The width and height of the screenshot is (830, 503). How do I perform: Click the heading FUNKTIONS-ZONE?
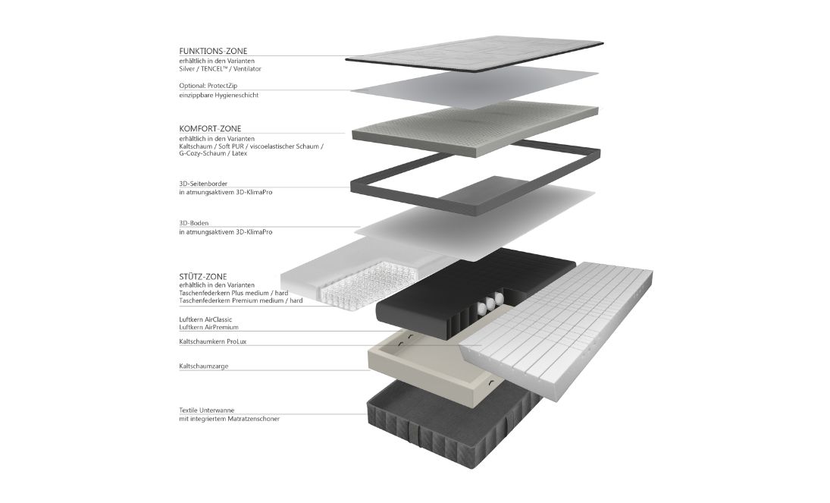click(x=213, y=51)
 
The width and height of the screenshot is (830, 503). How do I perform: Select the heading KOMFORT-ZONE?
click(x=210, y=128)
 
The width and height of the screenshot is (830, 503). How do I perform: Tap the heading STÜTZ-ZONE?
click(x=202, y=276)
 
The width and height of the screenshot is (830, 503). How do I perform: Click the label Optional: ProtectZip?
click(x=208, y=85)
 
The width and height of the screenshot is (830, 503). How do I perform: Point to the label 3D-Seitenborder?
click(x=203, y=184)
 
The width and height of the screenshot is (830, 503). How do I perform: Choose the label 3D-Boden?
click(x=194, y=223)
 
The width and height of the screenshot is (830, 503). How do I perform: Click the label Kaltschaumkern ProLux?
click(x=213, y=342)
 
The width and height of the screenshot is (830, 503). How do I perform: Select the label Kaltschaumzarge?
click(x=204, y=366)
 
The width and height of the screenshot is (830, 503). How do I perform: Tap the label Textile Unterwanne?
click(x=206, y=410)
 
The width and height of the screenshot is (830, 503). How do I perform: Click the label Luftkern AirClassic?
click(x=205, y=319)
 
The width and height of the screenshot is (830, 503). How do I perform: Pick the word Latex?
click(x=240, y=153)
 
